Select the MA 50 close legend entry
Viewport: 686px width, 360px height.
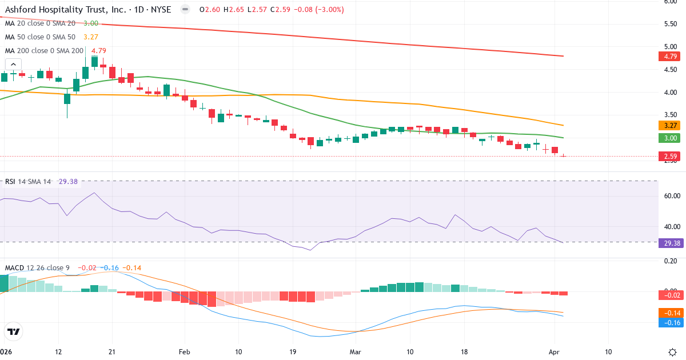tap(40, 37)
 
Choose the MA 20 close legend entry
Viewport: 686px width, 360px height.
tap(40, 23)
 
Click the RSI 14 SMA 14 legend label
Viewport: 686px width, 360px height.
tap(28, 181)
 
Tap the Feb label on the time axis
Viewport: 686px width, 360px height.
tap(184, 351)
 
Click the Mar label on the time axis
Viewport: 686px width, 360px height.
tap(356, 351)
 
